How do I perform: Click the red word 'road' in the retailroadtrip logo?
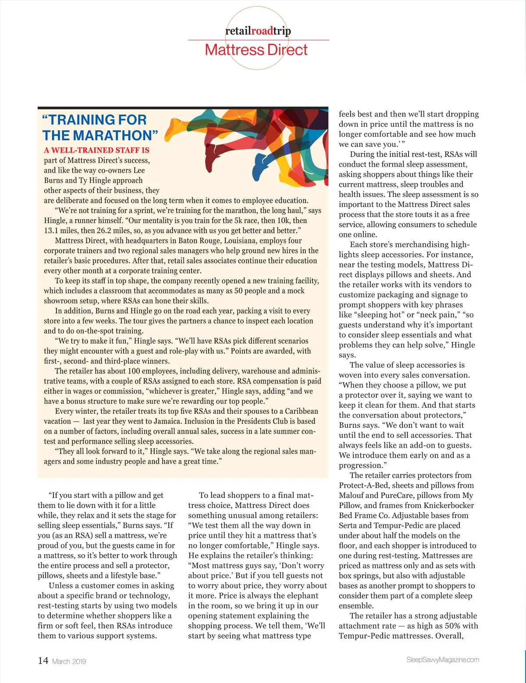262,31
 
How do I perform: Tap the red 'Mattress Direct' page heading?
256,50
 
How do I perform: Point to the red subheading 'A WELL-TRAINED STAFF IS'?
96,150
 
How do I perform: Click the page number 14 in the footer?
43,661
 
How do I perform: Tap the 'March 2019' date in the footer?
69,662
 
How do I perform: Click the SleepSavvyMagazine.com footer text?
442,660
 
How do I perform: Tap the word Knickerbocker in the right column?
448,505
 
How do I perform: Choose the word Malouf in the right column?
351,495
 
